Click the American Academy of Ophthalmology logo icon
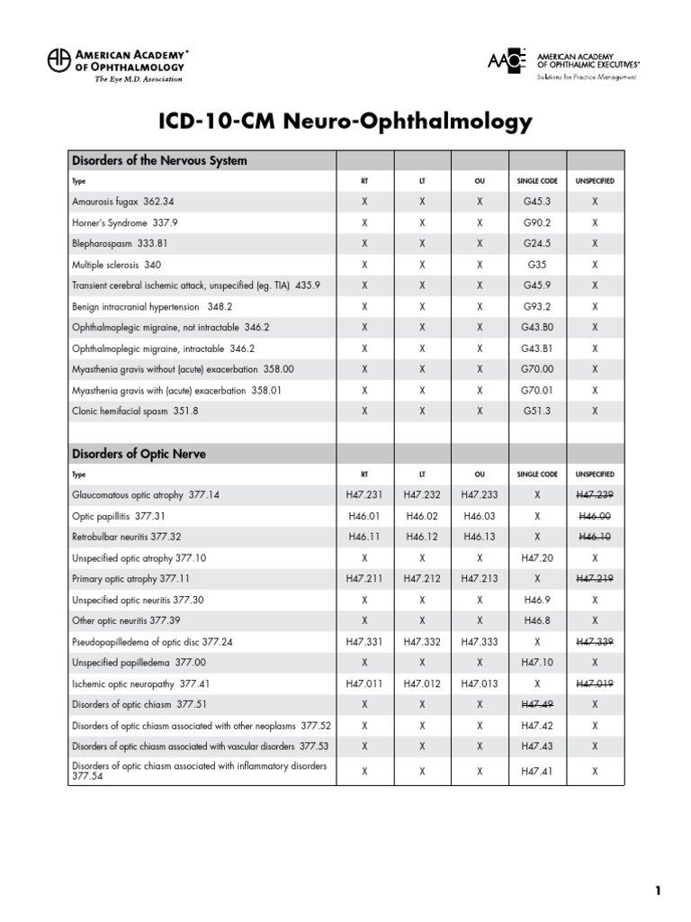point(58,60)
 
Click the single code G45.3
point(537,202)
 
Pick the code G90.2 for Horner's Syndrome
point(537,222)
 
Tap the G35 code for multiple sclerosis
point(537,265)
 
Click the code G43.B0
point(537,327)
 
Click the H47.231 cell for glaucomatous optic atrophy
point(364,494)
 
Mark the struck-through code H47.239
point(594,494)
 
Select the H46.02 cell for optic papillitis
point(422,516)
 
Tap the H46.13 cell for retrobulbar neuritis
point(480,537)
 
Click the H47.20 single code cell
point(537,557)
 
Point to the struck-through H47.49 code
point(537,704)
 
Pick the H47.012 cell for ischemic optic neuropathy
point(422,683)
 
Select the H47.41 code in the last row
point(537,771)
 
